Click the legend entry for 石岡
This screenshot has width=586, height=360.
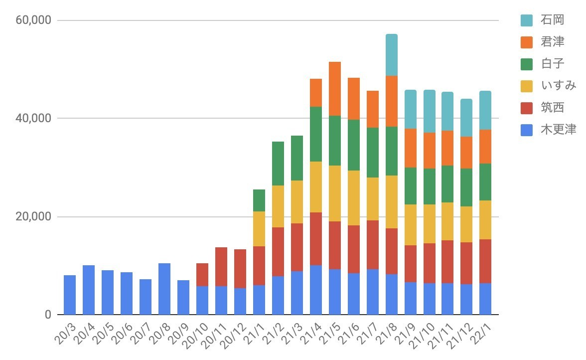point(552,20)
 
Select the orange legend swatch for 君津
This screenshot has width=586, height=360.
point(527,42)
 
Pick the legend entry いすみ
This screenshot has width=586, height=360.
point(558,86)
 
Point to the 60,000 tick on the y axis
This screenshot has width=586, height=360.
point(34,20)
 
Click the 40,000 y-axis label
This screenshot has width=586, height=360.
point(34,119)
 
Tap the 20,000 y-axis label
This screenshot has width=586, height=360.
point(34,217)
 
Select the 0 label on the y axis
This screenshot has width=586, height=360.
point(47,315)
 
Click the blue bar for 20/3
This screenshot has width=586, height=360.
point(70,295)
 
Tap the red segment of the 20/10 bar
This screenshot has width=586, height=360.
point(202,275)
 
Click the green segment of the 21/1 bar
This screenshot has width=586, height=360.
point(259,200)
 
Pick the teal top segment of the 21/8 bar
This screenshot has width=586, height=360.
point(392,55)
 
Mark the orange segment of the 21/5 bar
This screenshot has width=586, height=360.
point(335,89)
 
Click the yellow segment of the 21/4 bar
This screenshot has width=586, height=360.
point(316,187)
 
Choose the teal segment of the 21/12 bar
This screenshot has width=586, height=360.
point(466,118)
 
